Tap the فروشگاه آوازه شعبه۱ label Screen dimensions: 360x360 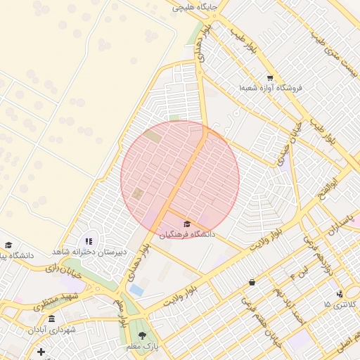point(270,88)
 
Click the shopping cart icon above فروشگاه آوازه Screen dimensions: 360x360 point(270,77)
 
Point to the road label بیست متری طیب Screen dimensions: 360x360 point(337,53)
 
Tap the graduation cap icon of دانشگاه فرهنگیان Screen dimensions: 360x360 point(187,224)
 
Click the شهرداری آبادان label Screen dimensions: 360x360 point(52,329)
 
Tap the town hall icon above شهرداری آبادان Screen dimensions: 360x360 point(51,319)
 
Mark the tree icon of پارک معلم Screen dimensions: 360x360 point(143,335)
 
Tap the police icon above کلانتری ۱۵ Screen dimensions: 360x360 point(340,294)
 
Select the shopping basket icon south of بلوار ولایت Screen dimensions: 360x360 point(252,282)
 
